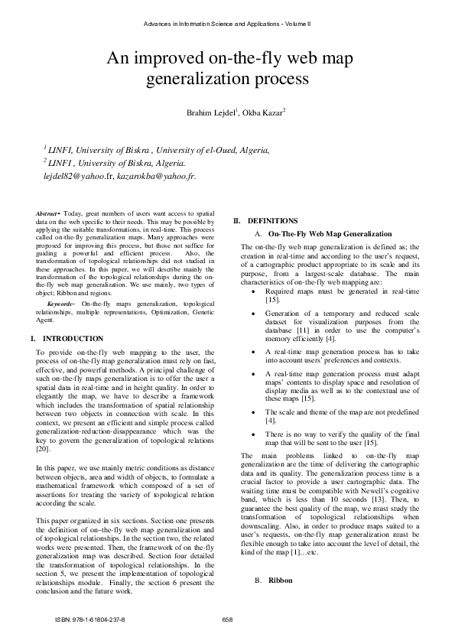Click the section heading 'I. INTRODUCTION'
point(67,338)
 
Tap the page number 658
point(227,619)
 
